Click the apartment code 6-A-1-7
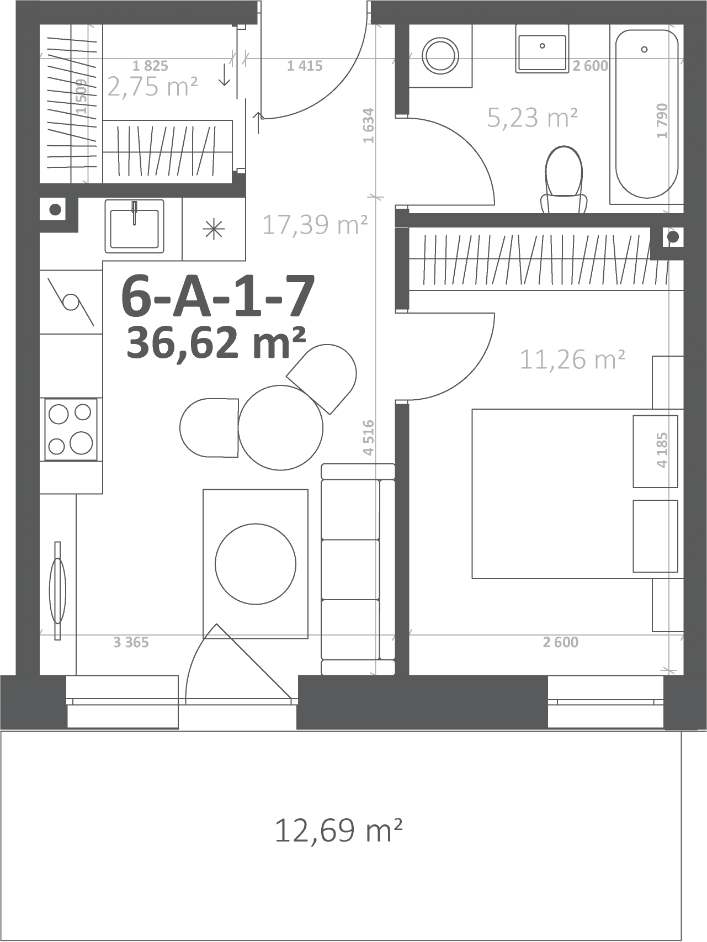coord(218,297)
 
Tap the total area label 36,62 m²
coord(216,342)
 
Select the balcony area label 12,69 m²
coord(338,830)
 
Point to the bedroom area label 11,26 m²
coord(572,359)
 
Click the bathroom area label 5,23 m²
coord(533,117)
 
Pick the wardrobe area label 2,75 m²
coord(152,87)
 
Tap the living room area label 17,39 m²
coord(315,224)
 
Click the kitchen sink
coord(134,226)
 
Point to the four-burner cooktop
coord(71,429)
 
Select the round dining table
coord(280,427)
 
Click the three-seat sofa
coord(358,569)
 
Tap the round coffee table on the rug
coord(255,564)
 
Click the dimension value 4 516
coord(369,437)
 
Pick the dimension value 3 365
coord(131,642)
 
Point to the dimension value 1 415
coord(305,66)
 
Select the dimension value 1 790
coord(662,121)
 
